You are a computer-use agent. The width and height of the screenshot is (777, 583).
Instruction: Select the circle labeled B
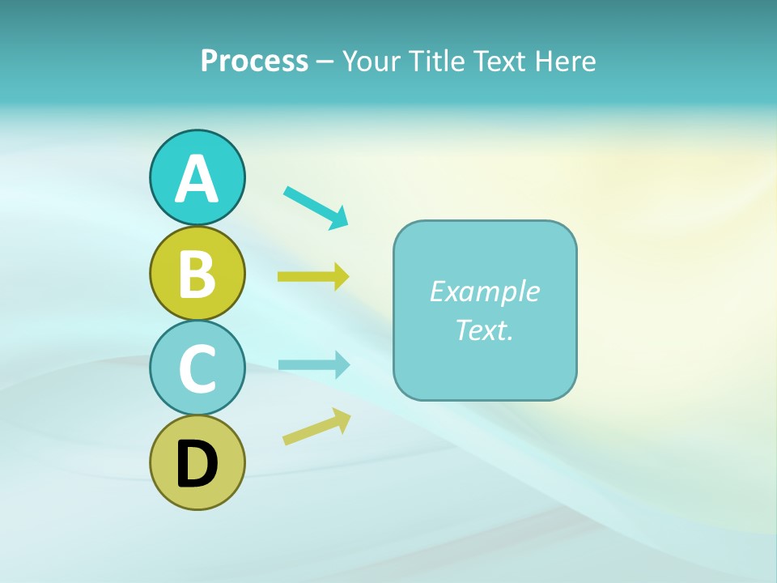[197, 273]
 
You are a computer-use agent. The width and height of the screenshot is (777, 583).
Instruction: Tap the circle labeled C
[197, 368]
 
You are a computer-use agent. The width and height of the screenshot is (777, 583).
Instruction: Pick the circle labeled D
[197, 463]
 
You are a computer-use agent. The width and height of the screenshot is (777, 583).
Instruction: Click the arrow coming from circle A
[316, 206]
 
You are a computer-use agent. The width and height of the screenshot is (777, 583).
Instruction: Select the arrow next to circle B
[313, 277]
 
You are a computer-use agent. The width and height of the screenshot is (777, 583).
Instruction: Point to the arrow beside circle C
[314, 364]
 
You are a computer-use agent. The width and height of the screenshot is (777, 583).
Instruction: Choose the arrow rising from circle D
[316, 427]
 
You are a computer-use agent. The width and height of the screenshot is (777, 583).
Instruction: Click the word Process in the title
[254, 61]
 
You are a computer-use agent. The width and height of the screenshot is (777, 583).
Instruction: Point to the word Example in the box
[484, 291]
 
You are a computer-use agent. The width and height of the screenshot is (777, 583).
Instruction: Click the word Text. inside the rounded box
[484, 330]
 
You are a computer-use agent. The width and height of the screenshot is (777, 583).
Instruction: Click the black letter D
[197, 465]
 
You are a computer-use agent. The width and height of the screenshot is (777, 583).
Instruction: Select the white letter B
[197, 274]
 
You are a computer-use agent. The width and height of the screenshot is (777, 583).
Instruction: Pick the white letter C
[197, 369]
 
